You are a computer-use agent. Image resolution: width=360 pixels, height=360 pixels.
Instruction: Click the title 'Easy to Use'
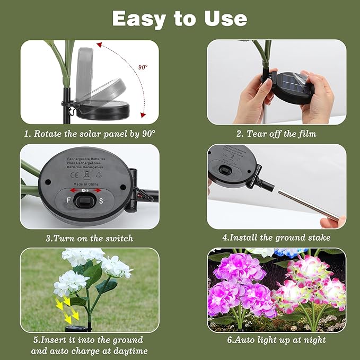tap(180, 19)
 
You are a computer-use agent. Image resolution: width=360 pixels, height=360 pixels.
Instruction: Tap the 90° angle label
tap(143, 67)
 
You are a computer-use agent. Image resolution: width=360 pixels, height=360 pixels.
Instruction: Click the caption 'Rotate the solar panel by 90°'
tap(90, 134)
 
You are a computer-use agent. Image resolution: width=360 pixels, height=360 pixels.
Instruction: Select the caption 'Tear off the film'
tap(276, 134)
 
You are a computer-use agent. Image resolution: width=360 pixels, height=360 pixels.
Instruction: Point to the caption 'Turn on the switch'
tap(90, 238)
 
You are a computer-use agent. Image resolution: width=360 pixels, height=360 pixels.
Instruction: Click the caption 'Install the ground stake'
tap(276, 238)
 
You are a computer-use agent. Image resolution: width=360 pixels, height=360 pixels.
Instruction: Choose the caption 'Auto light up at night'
tap(276, 340)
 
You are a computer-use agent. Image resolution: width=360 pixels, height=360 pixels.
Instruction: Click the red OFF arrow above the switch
tap(83, 189)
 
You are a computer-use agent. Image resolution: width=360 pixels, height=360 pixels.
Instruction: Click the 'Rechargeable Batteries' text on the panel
tap(86, 159)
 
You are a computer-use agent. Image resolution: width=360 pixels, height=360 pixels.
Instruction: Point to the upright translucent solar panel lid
tap(93, 67)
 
